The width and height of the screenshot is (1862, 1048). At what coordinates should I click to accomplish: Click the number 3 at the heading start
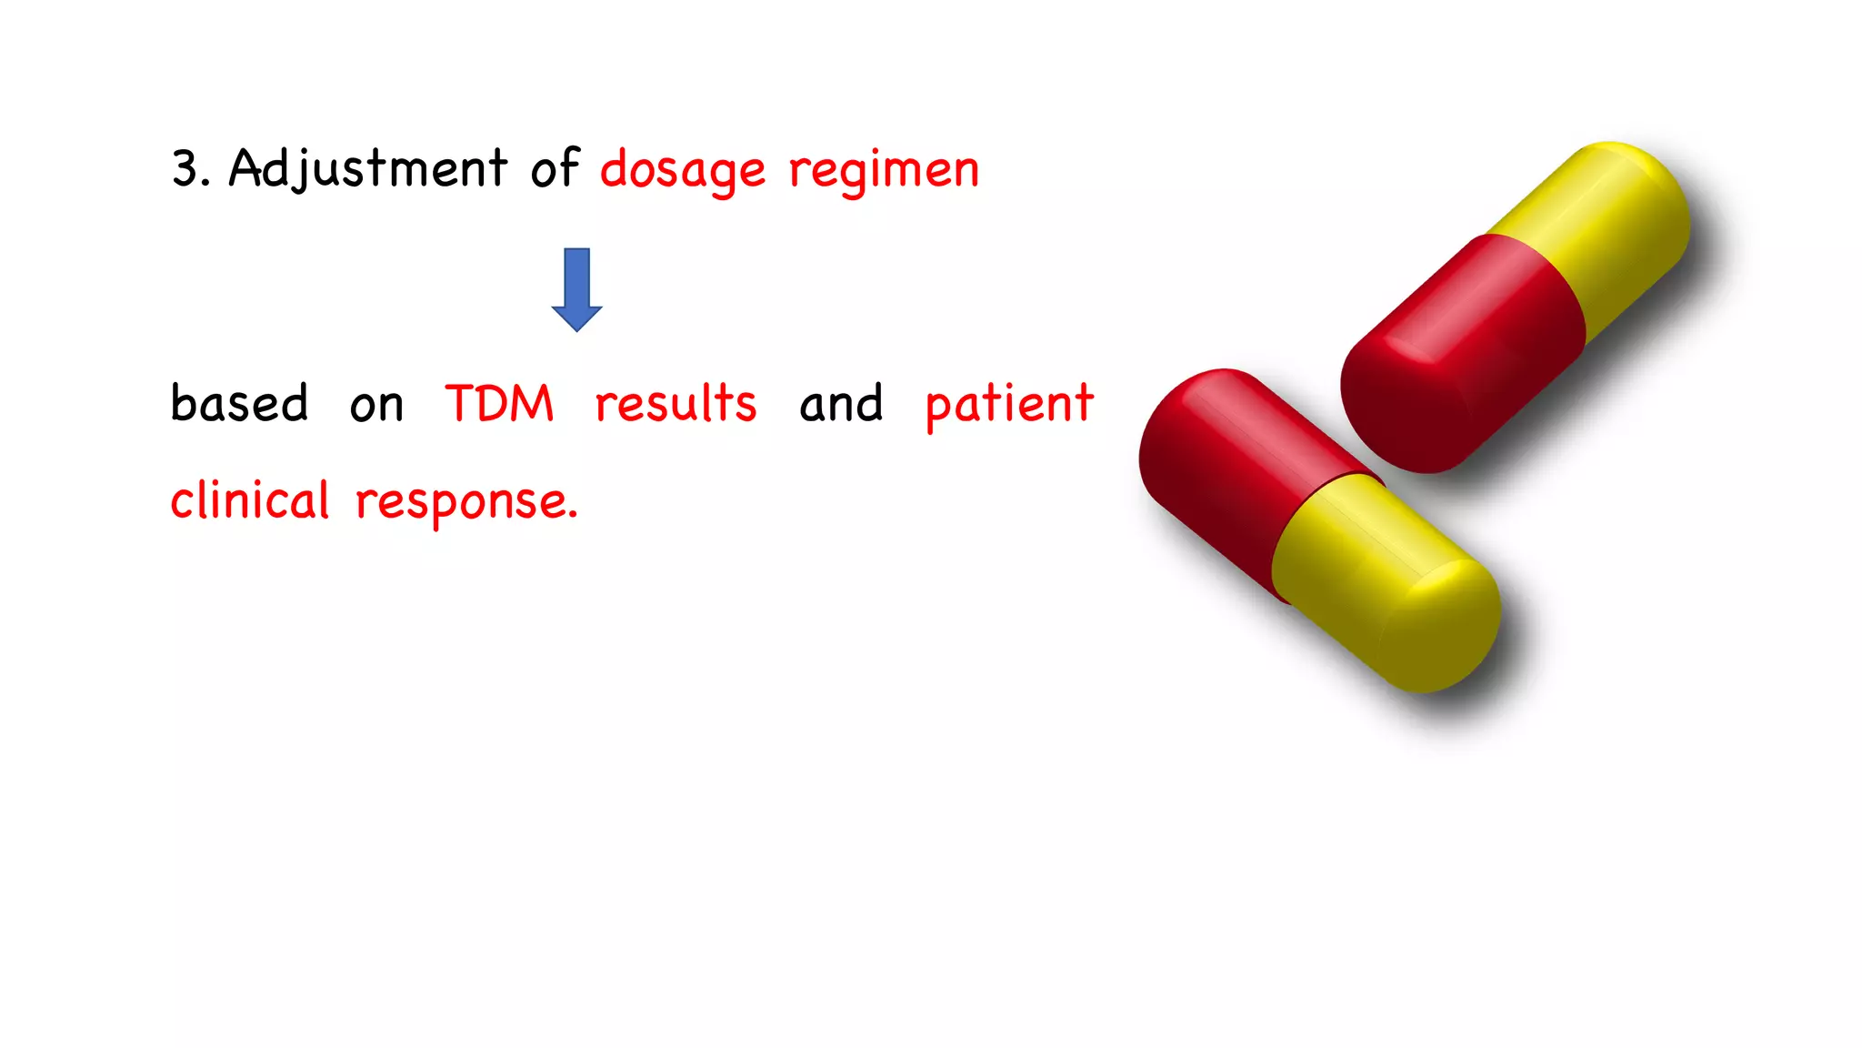(x=185, y=169)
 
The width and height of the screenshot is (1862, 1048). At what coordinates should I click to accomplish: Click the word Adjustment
(x=367, y=169)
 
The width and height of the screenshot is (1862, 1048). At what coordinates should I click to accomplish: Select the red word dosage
(x=682, y=171)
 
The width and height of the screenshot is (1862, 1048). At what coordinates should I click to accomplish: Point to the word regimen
(x=884, y=171)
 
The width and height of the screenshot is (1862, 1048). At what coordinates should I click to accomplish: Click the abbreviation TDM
(x=499, y=404)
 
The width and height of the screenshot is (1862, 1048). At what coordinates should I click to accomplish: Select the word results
(x=676, y=404)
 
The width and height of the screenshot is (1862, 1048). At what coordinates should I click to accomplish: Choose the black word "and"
(x=841, y=404)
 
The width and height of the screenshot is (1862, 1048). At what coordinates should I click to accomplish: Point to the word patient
(x=1009, y=406)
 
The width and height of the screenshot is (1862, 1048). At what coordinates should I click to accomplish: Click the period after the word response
(x=573, y=517)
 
